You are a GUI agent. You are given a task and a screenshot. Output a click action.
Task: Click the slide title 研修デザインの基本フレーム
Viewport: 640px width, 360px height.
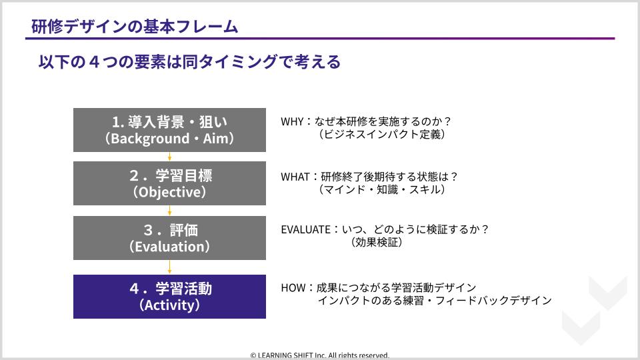pos(135,27)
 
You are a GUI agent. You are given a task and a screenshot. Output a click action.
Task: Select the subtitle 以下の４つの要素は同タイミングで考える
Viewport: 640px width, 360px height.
pos(189,62)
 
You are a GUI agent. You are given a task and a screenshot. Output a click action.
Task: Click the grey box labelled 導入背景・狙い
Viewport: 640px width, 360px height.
pos(169,130)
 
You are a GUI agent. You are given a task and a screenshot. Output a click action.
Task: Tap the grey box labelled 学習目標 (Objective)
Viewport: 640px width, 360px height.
pos(169,183)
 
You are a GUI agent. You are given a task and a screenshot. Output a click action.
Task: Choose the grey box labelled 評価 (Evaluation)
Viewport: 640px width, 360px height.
pos(169,238)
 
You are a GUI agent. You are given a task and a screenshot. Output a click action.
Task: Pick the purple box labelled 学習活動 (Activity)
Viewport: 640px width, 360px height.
pos(169,296)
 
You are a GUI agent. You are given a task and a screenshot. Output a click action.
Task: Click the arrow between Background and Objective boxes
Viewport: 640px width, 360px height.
pos(169,157)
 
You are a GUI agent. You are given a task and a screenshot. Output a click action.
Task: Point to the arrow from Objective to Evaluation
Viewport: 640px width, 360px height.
pos(169,211)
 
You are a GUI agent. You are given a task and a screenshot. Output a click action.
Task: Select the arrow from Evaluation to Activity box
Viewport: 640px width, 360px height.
pos(169,267)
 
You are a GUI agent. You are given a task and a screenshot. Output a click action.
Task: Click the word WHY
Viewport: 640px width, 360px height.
pos(292,121)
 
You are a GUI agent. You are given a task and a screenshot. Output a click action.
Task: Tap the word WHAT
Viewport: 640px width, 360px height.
pos(295,177)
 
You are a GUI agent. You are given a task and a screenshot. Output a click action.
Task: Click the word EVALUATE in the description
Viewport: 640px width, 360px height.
pos(306,229)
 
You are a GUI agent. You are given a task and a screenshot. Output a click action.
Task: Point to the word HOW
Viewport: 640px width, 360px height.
pos(293,288)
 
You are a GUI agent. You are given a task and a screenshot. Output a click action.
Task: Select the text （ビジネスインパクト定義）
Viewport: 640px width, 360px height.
pos(381,134)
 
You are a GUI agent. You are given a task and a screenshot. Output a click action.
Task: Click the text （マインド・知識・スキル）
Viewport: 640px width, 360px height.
pos(381,189)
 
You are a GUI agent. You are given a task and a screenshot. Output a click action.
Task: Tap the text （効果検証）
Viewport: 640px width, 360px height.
pos(377,242)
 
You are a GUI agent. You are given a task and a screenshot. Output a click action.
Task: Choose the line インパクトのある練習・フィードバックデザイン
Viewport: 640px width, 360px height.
pos(435,301)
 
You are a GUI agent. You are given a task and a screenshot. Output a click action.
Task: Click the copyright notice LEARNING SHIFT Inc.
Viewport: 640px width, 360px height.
pos(320,355)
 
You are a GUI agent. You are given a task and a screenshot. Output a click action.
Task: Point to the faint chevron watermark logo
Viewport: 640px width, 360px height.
pos(594,310)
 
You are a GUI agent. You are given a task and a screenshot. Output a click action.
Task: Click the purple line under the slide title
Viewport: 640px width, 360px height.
pos(320,39)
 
